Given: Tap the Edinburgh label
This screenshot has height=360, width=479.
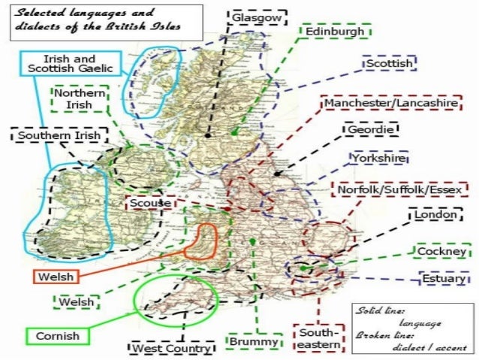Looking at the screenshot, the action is (x=334, y=32).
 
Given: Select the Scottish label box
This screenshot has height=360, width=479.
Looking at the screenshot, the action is (x=389, y=64).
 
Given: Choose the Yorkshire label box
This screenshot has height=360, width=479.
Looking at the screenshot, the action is (x=378, y=159).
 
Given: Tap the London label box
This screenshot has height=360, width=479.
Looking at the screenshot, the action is (x=435, y=216).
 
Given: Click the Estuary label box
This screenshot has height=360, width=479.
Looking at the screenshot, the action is (x=439, y=279).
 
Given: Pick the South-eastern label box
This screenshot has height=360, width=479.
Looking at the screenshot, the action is (x=315, y=338).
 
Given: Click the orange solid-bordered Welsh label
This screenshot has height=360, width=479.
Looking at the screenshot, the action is (x=56, y=277).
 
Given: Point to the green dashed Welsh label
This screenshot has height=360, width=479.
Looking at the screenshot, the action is (x=76, y=302).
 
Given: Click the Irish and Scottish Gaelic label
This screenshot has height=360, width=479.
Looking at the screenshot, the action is (x=67, y=63).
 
